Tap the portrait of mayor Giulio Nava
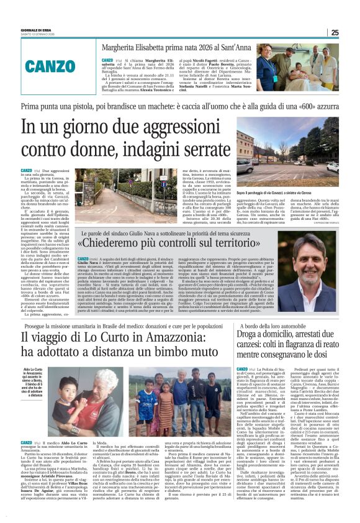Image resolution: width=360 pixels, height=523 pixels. tap(307, 271)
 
